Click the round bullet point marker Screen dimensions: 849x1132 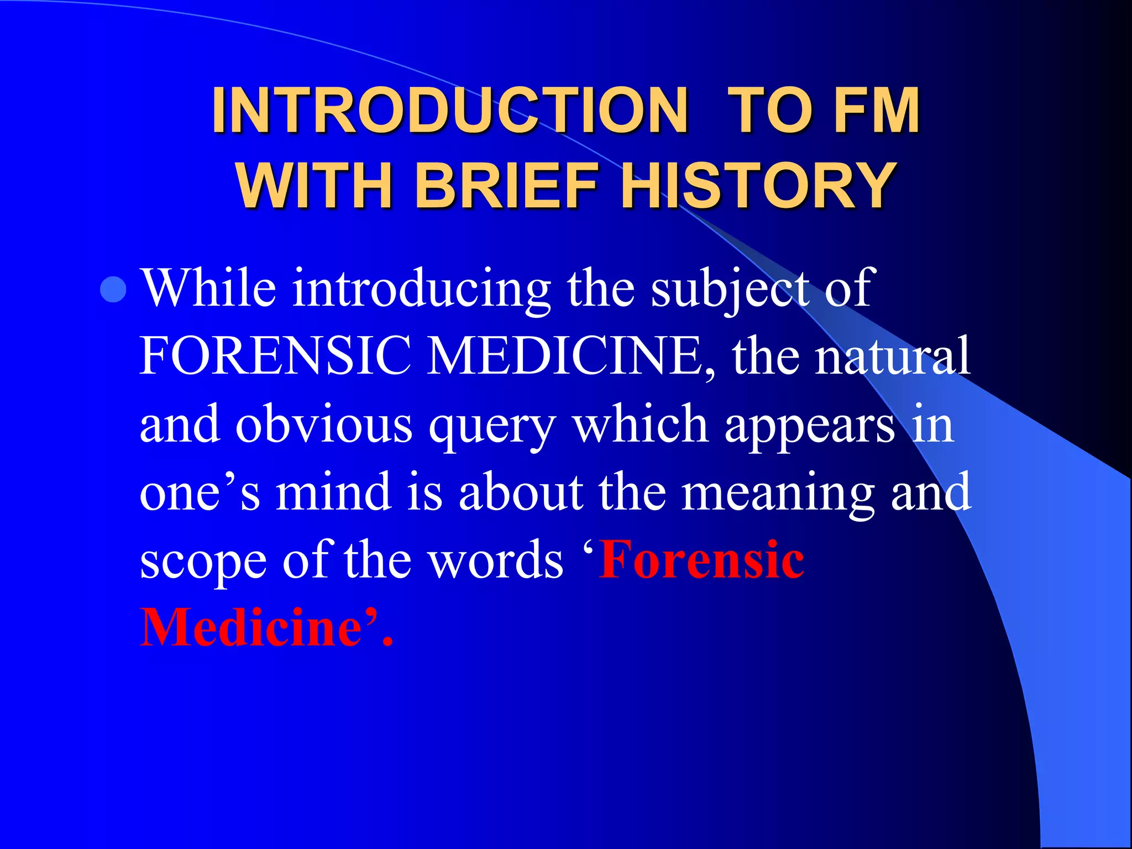(x=114, y=289)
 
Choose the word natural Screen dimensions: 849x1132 (x=893, y=357)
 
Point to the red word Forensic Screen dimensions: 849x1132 (x=702, y=560)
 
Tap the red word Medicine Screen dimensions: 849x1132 (x=251, y=627)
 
